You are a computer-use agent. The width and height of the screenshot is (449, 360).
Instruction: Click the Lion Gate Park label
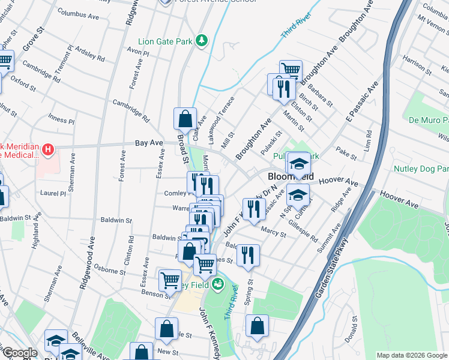point(167,41)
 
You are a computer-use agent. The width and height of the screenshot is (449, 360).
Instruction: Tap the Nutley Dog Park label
point(421,169)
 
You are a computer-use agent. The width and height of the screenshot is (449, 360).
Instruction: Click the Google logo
point(19,353)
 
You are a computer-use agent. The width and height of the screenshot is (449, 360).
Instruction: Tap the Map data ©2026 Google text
point(412,355)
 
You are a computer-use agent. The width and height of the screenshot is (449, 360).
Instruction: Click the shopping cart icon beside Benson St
point(170,280)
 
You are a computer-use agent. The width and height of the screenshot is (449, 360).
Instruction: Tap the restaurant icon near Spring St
point(248,254)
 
